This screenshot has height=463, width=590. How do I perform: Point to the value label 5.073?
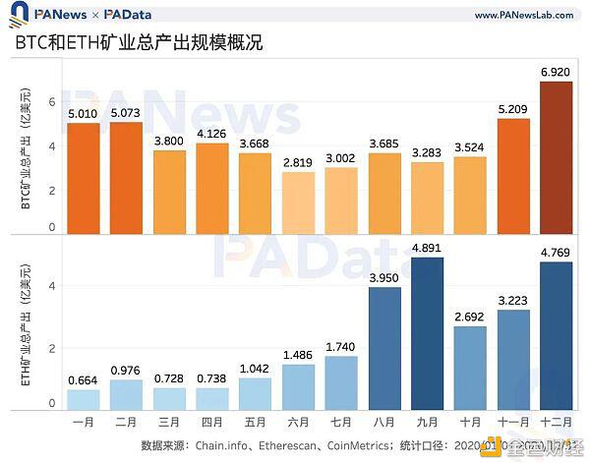point(126,113)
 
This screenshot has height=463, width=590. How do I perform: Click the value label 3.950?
point(384,277)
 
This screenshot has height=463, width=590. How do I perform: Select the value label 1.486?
point(298,354)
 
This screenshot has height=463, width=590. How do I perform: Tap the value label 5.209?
point(513,109)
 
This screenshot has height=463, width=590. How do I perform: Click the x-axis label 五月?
point(255,423)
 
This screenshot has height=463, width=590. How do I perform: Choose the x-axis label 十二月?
point(557,423)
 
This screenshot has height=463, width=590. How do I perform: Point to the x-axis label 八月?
point(384,423)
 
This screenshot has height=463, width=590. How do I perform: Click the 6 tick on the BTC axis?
point(52,101)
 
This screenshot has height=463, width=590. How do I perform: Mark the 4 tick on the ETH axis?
point(52,286)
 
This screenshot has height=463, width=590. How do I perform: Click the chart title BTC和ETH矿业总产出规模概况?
point(138,45)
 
